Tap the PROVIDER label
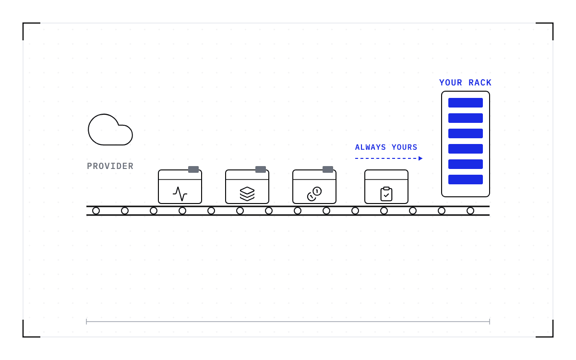pos(110,166)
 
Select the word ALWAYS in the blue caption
pos(370,147)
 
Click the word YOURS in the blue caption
pos(405,147)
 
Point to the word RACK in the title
pos(480,83)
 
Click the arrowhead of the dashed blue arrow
pos(420,158)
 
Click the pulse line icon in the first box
pos(180,193)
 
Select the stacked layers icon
pos(247,193)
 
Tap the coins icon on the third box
pos(314,193)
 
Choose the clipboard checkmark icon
pos(386,194)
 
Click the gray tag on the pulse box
pos(193,169)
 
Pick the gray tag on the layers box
pos(261,169)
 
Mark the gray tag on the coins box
pos(328,169)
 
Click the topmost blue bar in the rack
pos(466,103)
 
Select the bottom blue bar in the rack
pos(466,180)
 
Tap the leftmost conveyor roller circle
pos(96,211)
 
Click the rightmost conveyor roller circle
pos(470,211)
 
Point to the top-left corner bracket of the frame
pos(24,24)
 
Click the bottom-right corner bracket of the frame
pos(552,336)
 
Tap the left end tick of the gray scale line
pos(86,322)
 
